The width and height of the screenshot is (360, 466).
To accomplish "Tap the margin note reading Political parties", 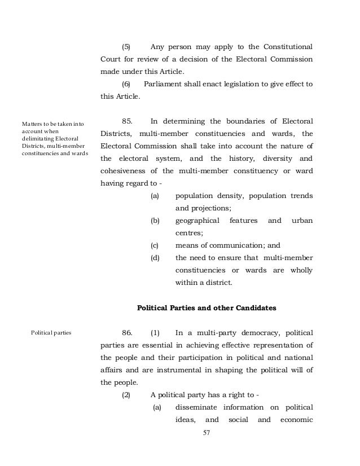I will pos(50,333).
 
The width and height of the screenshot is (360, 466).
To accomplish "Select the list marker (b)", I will pos(155,220).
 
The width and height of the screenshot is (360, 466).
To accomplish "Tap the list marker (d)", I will pos(155,257).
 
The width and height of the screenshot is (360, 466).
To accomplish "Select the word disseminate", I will pos(197,407).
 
